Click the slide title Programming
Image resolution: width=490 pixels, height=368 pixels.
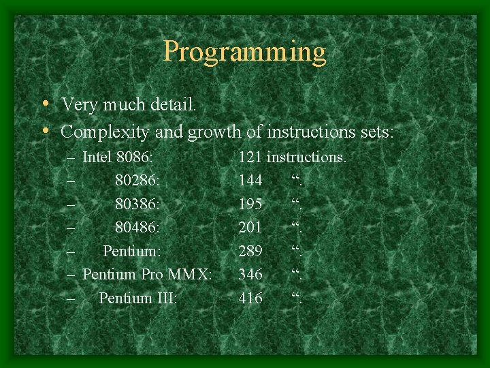245,52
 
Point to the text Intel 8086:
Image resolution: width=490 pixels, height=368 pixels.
118,157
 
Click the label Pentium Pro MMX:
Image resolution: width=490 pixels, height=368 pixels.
147,275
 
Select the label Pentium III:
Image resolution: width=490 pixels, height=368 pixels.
138,298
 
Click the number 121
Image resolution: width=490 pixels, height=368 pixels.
250,157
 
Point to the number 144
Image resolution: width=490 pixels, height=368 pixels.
250,181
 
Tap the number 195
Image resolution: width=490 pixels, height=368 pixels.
250,204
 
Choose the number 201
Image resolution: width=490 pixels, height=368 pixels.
250,228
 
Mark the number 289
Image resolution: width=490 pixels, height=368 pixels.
250,251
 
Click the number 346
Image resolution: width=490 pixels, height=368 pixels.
250,275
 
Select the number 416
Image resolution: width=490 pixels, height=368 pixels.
250,298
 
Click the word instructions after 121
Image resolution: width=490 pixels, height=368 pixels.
306,157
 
